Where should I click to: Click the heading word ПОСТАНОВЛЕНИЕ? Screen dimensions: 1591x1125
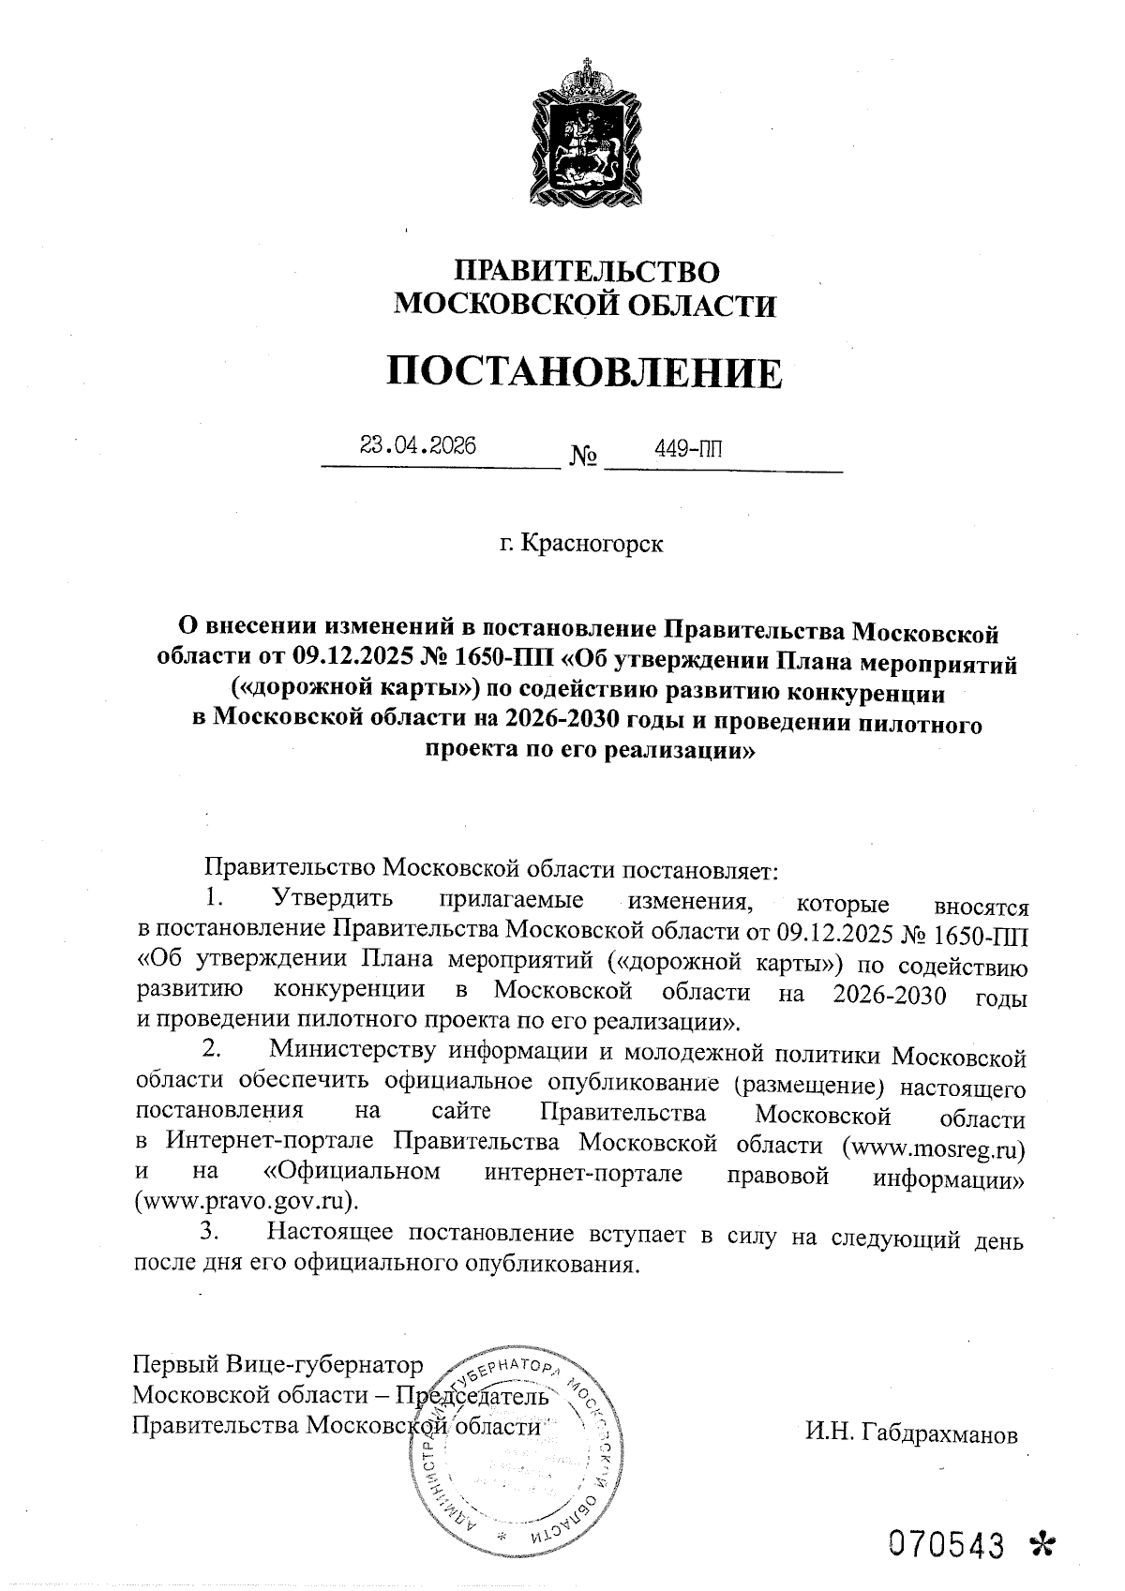(x=585, y=373)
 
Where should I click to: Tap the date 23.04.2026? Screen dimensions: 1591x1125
(x=418, y=445)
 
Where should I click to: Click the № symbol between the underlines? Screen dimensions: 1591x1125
(x=583, y=458)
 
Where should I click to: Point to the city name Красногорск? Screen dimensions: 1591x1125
(x=592, y=543)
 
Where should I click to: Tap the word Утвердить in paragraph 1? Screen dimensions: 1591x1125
(x=332, y=901)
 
